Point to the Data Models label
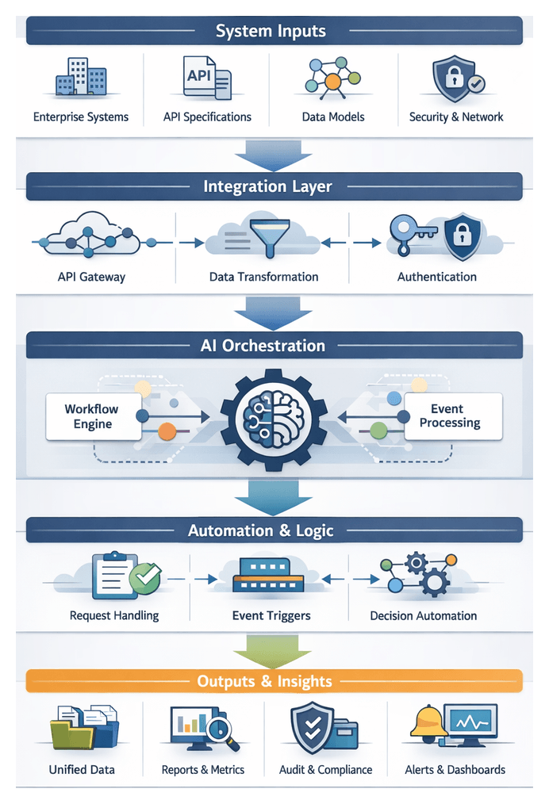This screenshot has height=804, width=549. click(333, 117)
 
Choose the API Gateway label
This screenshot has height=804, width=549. click(91, 277)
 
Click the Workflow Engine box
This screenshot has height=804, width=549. click(93, 416)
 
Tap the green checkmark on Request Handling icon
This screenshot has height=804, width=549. click(144, 579)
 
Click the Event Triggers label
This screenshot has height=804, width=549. click(271, 615)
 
